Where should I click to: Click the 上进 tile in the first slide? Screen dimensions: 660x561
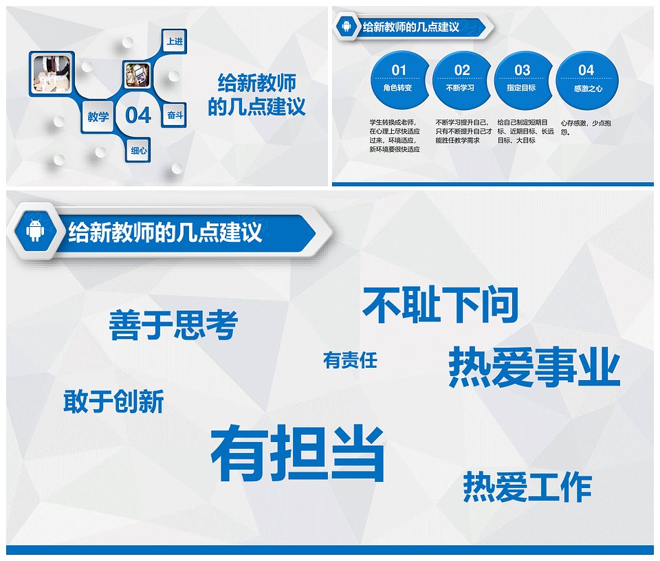[175, 41]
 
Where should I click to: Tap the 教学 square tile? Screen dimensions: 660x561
[98, 116]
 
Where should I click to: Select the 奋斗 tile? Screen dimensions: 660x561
[175, 115]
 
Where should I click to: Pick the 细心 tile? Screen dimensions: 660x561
[138, 151]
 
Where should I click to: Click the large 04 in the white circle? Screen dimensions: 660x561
[138, 115]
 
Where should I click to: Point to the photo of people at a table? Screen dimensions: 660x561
[52, 74]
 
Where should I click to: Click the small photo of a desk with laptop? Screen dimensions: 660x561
[137, 75]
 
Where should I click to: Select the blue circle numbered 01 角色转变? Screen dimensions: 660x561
[398, 80]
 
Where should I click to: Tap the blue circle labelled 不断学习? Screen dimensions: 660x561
[461, 80]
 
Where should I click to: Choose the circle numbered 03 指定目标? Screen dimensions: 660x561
[522, 80]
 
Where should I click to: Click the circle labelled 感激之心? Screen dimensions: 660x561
[587, 80]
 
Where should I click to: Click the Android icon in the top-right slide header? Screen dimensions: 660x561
[346, 27]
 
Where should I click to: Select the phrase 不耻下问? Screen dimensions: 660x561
[440, 305]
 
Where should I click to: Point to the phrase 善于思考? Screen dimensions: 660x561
[173, 324]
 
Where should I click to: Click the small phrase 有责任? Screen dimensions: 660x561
[350, 360]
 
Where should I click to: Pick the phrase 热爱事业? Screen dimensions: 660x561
[534, 367]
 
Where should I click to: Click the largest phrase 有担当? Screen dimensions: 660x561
[298, 453]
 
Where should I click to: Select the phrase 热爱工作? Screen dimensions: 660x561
[527, 487]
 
